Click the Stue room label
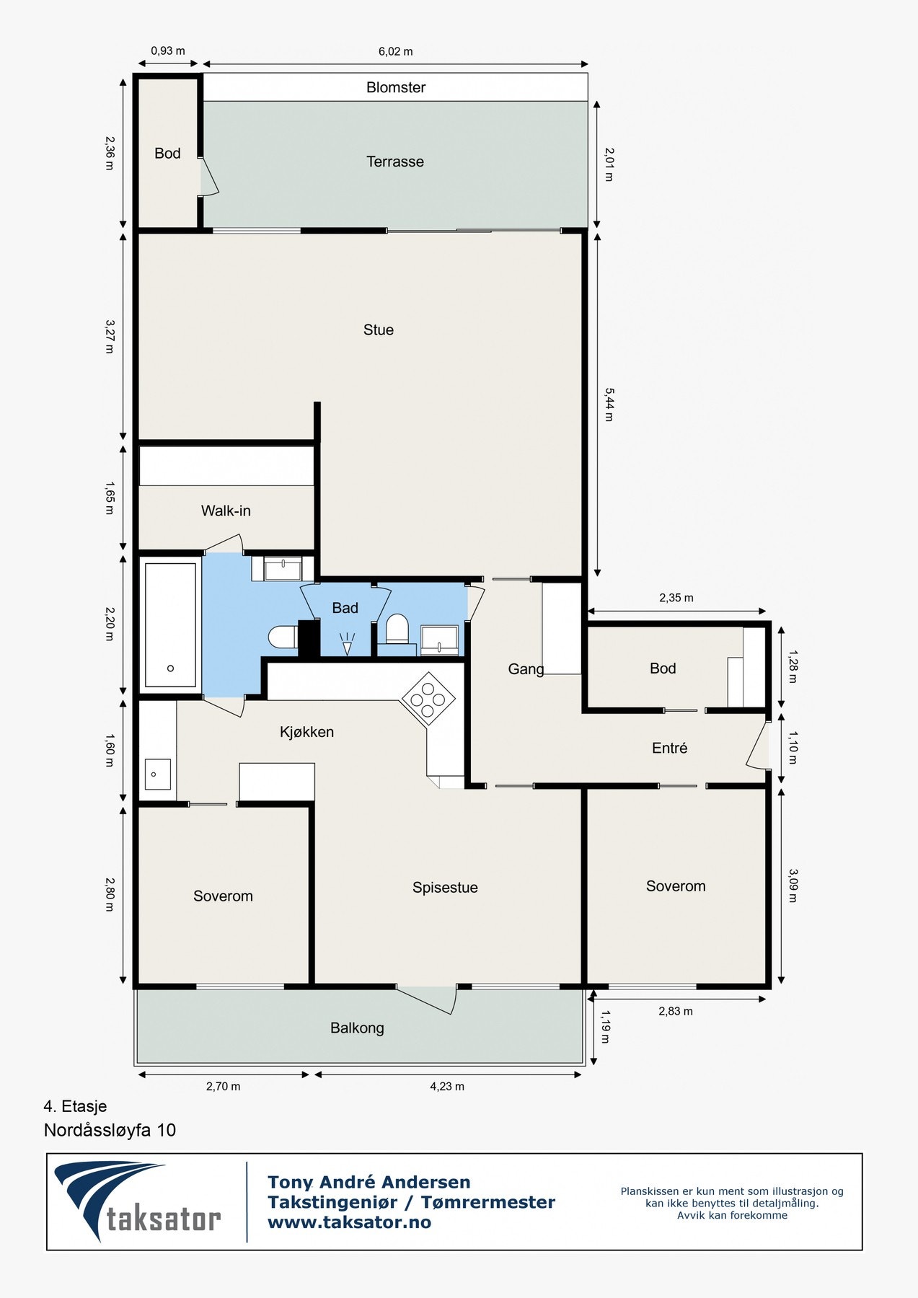pos(379,330)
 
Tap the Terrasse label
pos(395,162)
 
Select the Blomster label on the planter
pos(396,87)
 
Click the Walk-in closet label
pos(226,511)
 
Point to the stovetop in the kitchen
pos(428,699)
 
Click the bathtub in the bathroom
pos(170,624)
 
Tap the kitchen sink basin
pos(158,774)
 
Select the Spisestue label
pos(445,888)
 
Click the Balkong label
pos(357,1028)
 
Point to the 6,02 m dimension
pos(396,51)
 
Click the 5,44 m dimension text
pos(609,405)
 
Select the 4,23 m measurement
pos(447,1086)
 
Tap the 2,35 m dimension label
pos(676,598)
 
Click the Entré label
pos(669,749)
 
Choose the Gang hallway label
pos(526,669)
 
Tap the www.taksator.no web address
pos(349,1222)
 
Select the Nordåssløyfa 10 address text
pos(110,1130)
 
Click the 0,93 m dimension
pos(168,51)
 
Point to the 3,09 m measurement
pos(793,886)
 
